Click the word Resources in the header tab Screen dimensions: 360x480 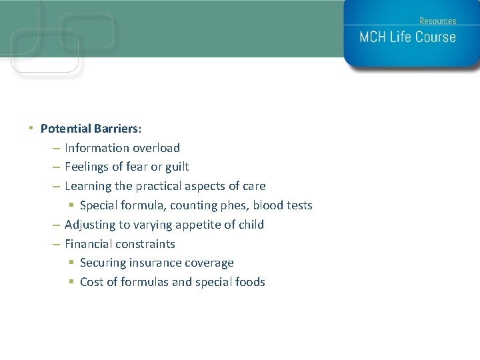pyautogui.click(x=437, y=21)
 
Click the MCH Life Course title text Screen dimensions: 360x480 pyautogui.click(x=407, y=37)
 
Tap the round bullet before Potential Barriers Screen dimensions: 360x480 pyautogui.click(x=31, y=127)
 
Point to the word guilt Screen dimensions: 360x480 pyautogui.click(x=175, y=167)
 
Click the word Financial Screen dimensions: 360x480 pyautogui.click(x=89, y=244)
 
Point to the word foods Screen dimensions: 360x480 pyautogui.click(x=250, y=282)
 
